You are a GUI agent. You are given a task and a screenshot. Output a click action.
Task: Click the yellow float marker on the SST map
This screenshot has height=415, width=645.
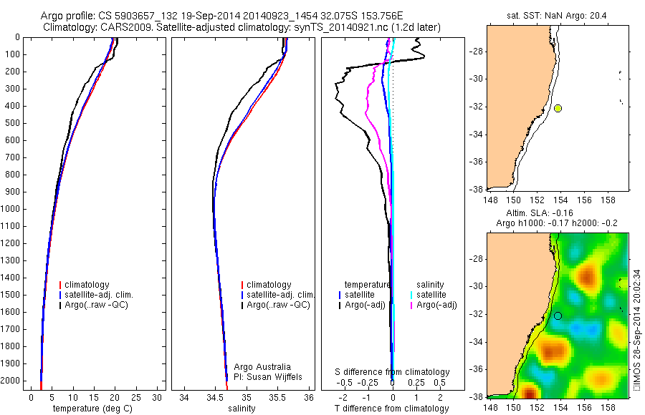558,108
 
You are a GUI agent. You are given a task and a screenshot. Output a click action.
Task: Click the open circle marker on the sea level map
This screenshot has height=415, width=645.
558,316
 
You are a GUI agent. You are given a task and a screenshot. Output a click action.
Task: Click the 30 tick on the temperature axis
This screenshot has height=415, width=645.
158,396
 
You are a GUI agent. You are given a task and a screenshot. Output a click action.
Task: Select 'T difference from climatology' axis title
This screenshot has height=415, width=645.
392,409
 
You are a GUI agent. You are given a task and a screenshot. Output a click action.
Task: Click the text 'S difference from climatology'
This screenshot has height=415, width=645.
392,372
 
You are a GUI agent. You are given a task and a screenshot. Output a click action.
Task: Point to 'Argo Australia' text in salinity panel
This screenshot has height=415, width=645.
263,366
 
